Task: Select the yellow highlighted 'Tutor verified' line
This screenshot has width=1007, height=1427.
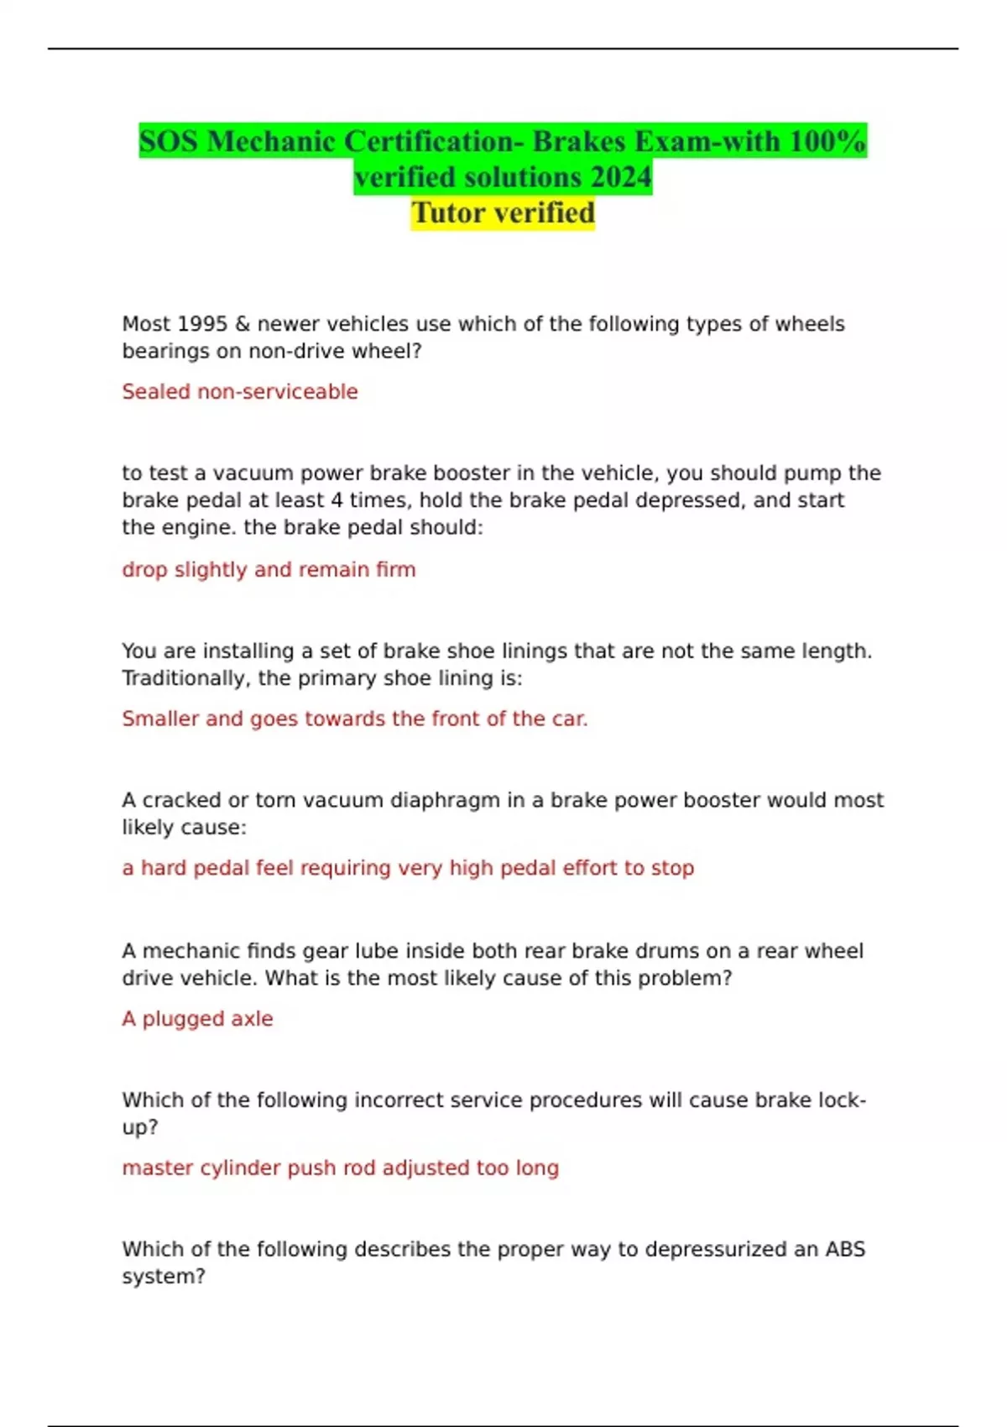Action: [503, 213]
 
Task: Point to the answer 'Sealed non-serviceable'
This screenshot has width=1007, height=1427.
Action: [240, 392]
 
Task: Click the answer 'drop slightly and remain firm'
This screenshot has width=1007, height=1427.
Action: [269, 570]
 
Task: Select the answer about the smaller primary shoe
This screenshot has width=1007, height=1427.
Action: [355, 719]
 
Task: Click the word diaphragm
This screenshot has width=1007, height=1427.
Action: [445, 800]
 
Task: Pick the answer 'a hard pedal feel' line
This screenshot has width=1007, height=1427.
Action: [408, 868]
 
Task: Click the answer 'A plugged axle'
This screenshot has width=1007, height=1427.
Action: [197, 1019]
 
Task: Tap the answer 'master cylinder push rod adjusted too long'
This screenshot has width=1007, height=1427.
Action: [340, 1168]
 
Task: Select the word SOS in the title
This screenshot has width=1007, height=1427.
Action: [169, 141]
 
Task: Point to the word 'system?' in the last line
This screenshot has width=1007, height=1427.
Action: [164, 1277]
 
